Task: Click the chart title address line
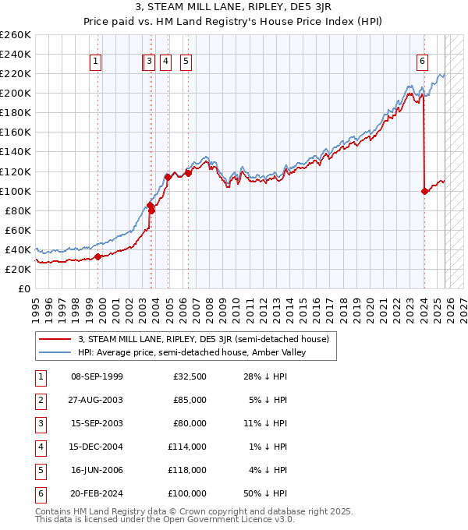pos(233,8)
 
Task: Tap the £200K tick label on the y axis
pos(16,93)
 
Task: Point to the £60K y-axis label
pos(18,230)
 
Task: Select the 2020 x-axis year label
pos(370,306)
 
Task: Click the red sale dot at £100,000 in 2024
pos(424,191)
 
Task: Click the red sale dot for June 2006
pos(188,173)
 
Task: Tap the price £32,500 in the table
pos(190,376)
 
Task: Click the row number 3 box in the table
pos(40,424)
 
